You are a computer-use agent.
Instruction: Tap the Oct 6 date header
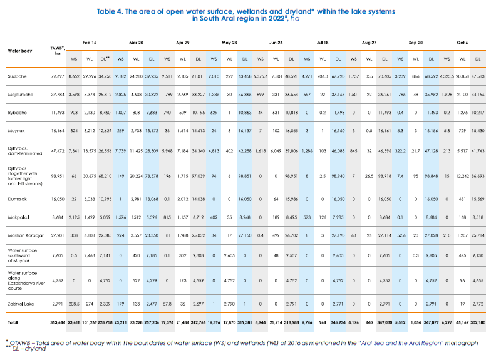click(x=462, y=42)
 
